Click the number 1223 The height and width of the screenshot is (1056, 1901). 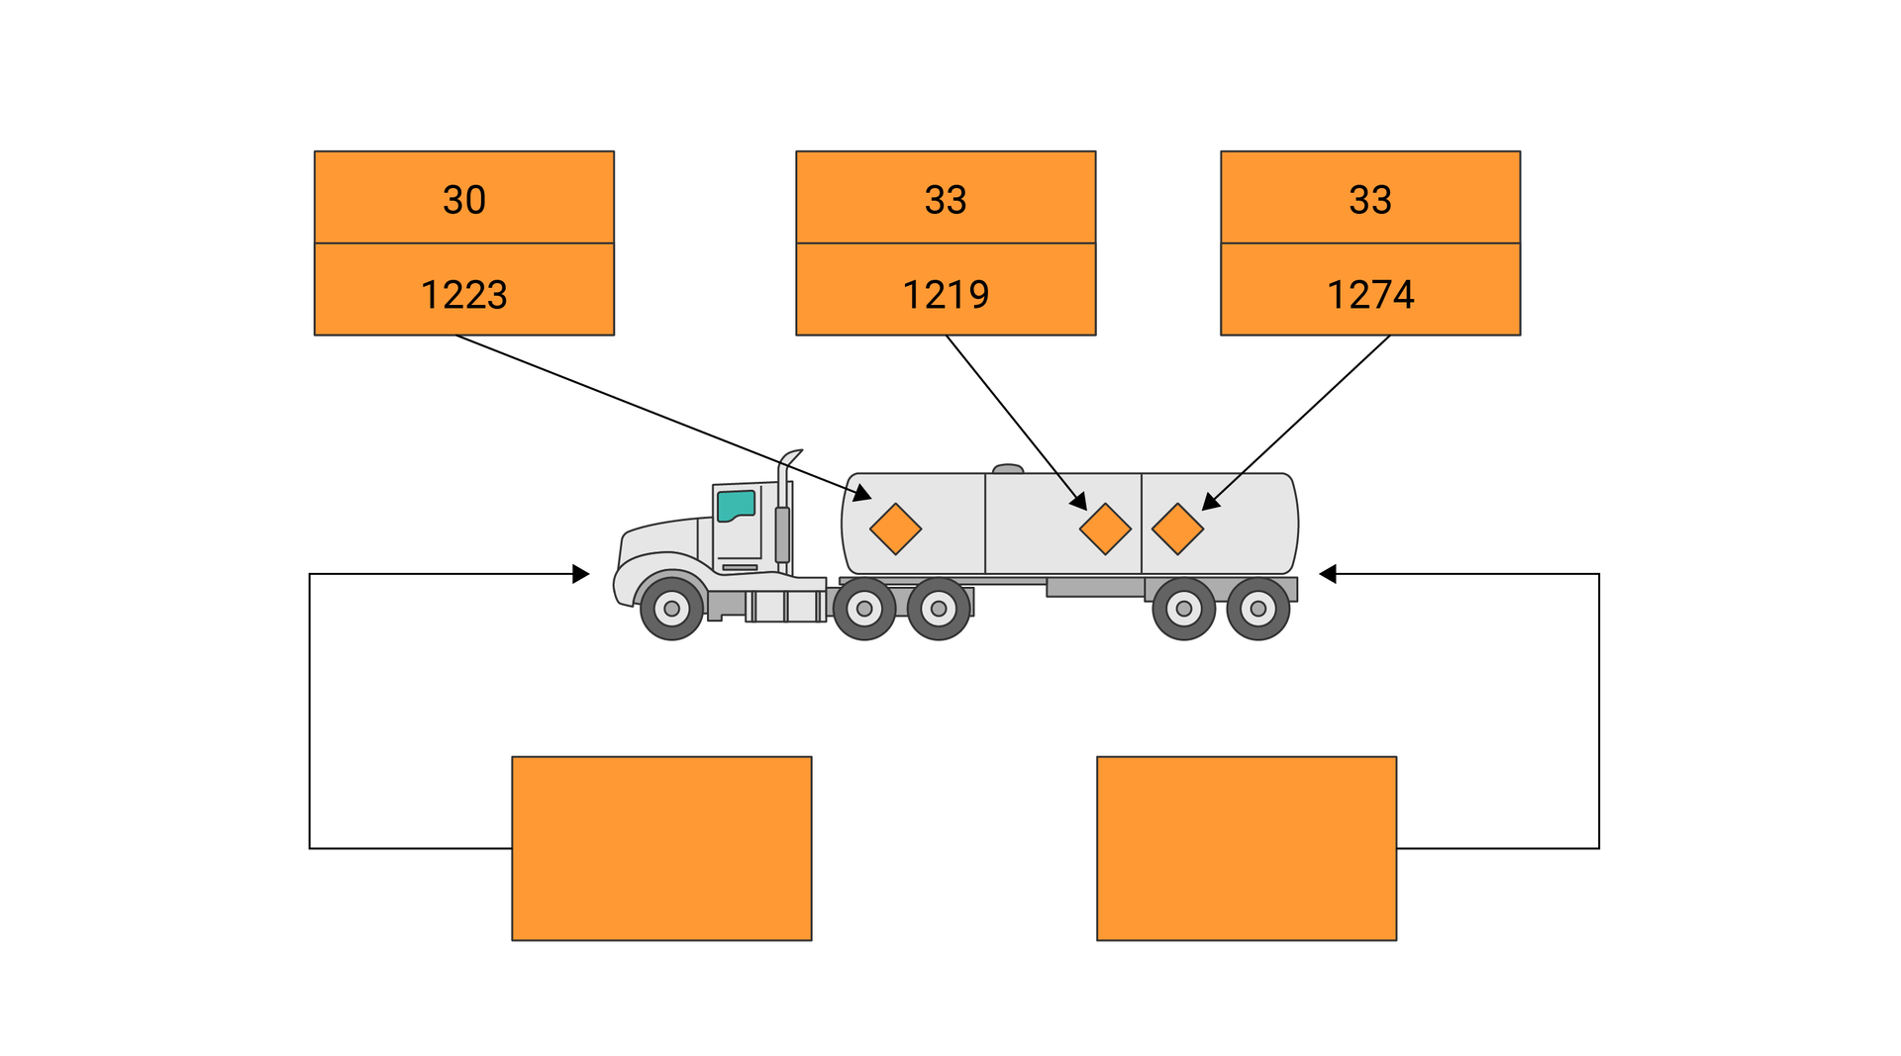tap(463, 294)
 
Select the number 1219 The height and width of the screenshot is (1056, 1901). tap(946, 294)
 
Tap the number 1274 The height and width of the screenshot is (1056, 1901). tap(1370, 294)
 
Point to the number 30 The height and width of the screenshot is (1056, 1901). tap(463, 200)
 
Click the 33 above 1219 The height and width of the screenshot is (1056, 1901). tap(946, 200)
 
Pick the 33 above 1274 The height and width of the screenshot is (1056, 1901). tap(1370, 200)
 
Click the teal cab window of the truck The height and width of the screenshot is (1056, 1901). tap(736, 505)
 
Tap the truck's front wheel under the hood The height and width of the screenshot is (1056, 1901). tap(671, 609)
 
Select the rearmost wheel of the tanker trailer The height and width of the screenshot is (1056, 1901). tap(1257, 609)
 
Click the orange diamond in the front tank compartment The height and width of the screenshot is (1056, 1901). tap(895, 528)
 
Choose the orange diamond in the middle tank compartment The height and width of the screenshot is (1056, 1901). tap(1105, 528)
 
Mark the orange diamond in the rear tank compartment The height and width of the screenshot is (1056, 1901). tap(1177, 528)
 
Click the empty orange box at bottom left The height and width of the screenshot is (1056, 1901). tap(661, 848)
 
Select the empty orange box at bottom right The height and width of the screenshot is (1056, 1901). tap(1247, 848)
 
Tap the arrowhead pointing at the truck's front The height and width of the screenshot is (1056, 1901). tap(582, 574)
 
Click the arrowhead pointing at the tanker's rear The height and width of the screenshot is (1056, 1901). tap(1328, 574)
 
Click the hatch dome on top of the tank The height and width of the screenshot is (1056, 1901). tap(1008, 469)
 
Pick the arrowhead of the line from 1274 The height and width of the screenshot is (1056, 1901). tap(1210, 503)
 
